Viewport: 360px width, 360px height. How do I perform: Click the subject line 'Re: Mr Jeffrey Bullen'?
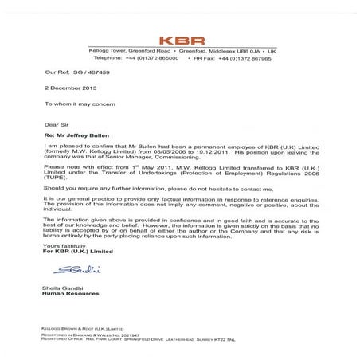[78, 137]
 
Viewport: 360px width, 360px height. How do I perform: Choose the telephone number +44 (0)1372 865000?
[156, 58]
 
